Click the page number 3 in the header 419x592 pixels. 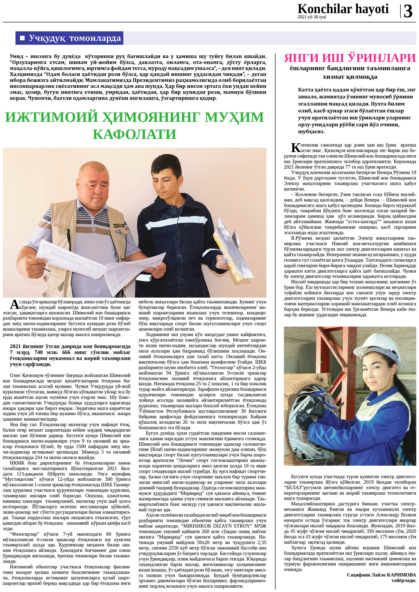coord(408,11)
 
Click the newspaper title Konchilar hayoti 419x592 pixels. coord(343,9)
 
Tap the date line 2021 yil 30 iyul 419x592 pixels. coord(312,17)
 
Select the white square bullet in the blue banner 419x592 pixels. coord(23,38)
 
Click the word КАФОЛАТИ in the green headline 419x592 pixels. coord(134,134)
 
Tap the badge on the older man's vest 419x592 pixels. coord(118,226)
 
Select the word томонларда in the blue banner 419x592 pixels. coord(95,38)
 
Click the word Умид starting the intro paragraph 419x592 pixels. coord(16,56)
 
